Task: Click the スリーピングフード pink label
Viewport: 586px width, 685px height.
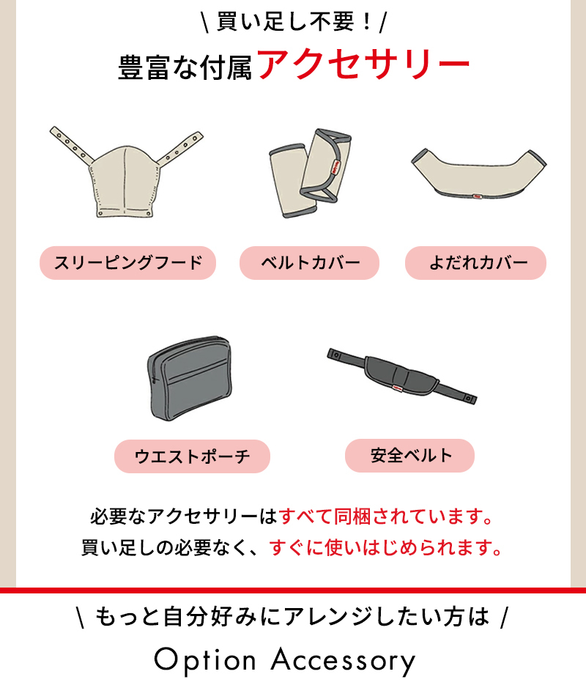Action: [x=128, y=263]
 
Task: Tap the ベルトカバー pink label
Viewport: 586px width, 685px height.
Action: [x=309, y=263]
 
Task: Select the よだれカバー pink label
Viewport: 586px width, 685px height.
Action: [x=475, y=263]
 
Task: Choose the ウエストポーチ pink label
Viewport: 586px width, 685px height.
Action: [x=192, y=456]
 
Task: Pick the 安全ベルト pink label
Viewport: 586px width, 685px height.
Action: [x=409, y=456]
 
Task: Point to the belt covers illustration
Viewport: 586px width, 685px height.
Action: [x=310, y=173]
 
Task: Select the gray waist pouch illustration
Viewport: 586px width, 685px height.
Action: [x=190, y=378]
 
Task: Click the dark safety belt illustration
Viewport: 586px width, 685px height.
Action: [x=401, y=376]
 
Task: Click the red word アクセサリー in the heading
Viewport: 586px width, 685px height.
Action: [x=363, y=64]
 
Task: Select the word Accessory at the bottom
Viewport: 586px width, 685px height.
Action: [x=344, y=661]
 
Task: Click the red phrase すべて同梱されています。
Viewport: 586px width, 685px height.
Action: [x=387, y=516]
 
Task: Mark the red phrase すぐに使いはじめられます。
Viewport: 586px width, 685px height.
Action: [x=386, y=547]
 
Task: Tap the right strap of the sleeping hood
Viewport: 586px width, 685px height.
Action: [x=180, y=148]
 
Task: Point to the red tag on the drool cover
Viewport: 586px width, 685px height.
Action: [x=477, y=196]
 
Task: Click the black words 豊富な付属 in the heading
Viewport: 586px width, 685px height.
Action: [x=185, y=67]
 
